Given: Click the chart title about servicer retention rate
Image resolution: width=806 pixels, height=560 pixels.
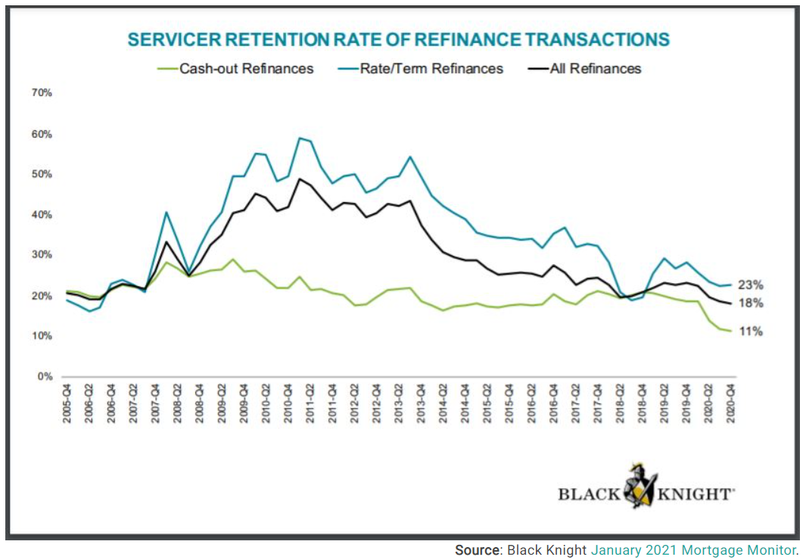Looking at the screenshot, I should [399, 40].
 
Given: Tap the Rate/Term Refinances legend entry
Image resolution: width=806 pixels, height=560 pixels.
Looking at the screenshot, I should [443, 68].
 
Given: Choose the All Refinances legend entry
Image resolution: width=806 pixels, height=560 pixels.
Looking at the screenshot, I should [595, 68].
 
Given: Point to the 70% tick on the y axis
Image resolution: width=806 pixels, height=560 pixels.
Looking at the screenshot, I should [41, 93].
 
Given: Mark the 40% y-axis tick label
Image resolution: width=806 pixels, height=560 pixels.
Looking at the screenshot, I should [41, 215].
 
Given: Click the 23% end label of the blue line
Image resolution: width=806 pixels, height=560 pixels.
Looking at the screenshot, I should [751, 285].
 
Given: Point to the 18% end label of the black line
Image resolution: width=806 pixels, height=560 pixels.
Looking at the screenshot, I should [751, 303].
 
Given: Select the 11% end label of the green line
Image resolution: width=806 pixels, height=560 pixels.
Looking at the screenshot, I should [751, 331].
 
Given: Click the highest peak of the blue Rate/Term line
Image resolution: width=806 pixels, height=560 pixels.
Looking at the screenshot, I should [300, 138].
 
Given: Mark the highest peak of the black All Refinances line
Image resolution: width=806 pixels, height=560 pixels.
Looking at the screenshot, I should [300, 179].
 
